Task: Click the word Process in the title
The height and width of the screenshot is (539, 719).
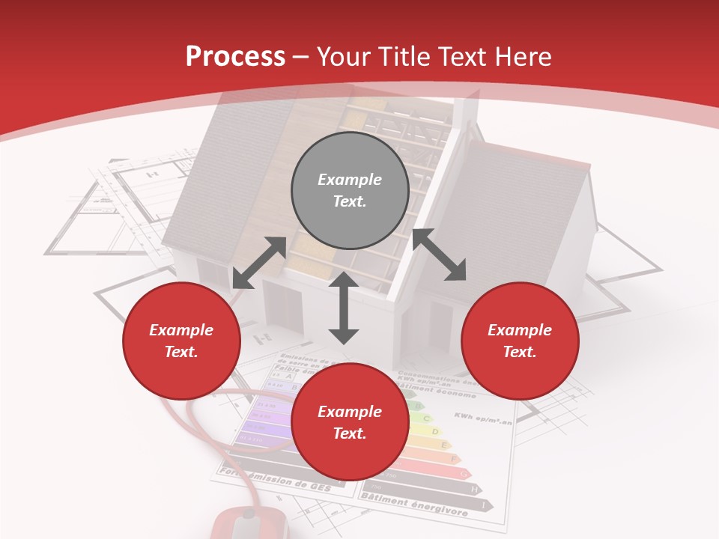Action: pos(235,57)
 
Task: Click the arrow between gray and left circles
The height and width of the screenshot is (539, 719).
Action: pos(259,263)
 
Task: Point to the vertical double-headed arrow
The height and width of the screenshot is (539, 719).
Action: pos(344,308)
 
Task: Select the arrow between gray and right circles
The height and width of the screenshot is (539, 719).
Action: pos(439,255)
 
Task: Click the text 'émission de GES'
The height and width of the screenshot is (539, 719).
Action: pos(288,481)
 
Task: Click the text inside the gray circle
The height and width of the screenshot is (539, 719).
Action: pos(350,190)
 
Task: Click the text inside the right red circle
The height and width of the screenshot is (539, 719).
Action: pos(520,341)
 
